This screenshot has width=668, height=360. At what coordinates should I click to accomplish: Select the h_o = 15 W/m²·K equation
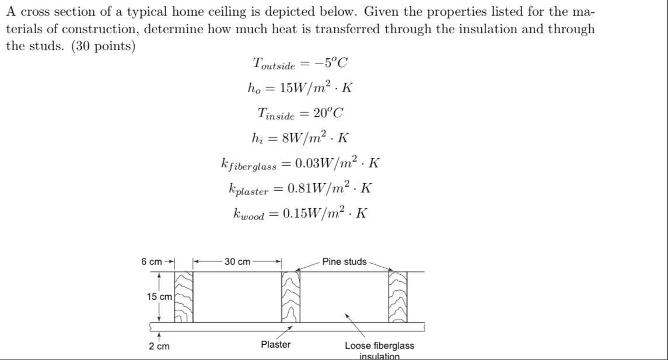(300, 88)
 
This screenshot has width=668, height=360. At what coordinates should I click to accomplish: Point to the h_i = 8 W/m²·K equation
(300, 138)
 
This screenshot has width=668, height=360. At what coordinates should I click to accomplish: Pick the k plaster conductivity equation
(300, 188)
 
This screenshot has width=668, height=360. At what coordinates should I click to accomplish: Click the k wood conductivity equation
(300, 213)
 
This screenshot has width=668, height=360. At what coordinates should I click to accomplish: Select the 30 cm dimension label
(237, 262)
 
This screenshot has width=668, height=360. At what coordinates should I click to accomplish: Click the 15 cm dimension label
(159, 297)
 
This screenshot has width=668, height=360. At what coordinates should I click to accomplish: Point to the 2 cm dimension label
(159, 347)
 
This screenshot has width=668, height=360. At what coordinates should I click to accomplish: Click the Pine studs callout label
(344, 262)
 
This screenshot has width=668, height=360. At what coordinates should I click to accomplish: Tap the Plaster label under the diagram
(275, 345)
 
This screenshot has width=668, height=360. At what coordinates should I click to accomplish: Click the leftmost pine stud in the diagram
(184, 297)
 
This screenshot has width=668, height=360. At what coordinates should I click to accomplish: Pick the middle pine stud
(291, 297)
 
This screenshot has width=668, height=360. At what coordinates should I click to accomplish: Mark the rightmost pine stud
(398, 297)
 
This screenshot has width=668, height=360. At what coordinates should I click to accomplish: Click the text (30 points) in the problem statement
(103, 46)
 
